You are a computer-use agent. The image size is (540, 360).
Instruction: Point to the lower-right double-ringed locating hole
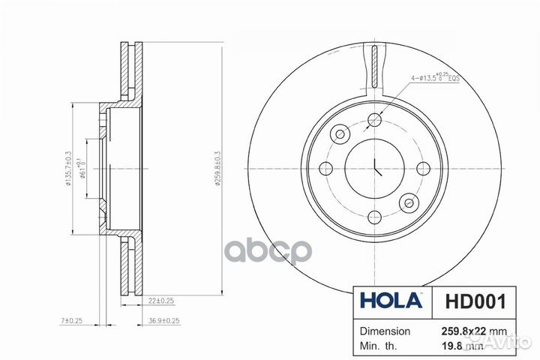[x=409, y=202]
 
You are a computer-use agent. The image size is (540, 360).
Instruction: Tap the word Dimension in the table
[x=385, y=331]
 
